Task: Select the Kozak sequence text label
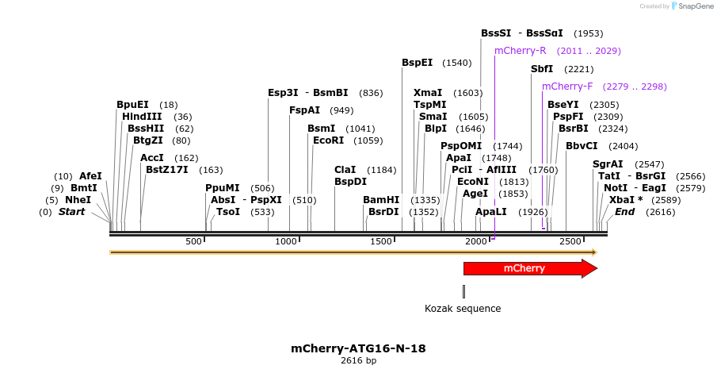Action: tap(463, 308)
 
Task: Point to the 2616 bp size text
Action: tap(358, 361)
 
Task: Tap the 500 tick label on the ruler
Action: tap(193, 241)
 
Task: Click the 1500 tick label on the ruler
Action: tap(381, 241)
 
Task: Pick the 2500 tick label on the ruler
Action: tap(570, 241)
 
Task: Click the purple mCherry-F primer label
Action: tap(567, 87)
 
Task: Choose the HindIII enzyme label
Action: tap(142, 117)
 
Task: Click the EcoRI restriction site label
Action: tap(328, 140)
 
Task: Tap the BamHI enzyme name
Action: tap(380, 200)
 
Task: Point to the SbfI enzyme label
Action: tap(542, 69)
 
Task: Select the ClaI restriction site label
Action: tap(345, 170)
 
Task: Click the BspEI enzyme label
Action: tap(417, 63)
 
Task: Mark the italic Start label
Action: tap(71, 212)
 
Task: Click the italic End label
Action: tap(624, 212)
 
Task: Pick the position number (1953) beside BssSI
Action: tap(588, 33)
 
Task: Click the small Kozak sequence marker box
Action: tap(463, 291)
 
